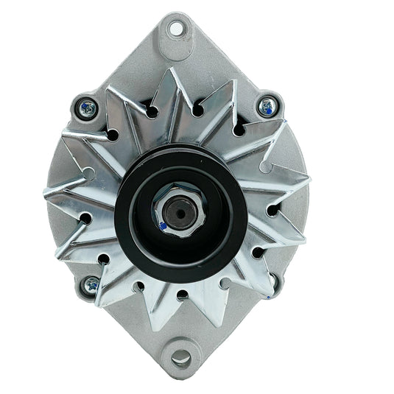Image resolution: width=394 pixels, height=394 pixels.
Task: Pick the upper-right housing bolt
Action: [267, 108]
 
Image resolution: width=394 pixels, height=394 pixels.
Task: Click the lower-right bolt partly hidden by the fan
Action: [274, 281]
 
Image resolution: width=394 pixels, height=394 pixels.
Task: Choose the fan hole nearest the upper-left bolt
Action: [112, 135]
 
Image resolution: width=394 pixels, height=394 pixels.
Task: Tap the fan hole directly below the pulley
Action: [181, 295]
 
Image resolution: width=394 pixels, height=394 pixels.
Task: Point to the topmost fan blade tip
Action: [171, 70]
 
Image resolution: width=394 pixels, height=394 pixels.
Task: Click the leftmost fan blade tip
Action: [46, 193]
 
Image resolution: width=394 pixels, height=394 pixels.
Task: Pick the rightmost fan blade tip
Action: [309, 179]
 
